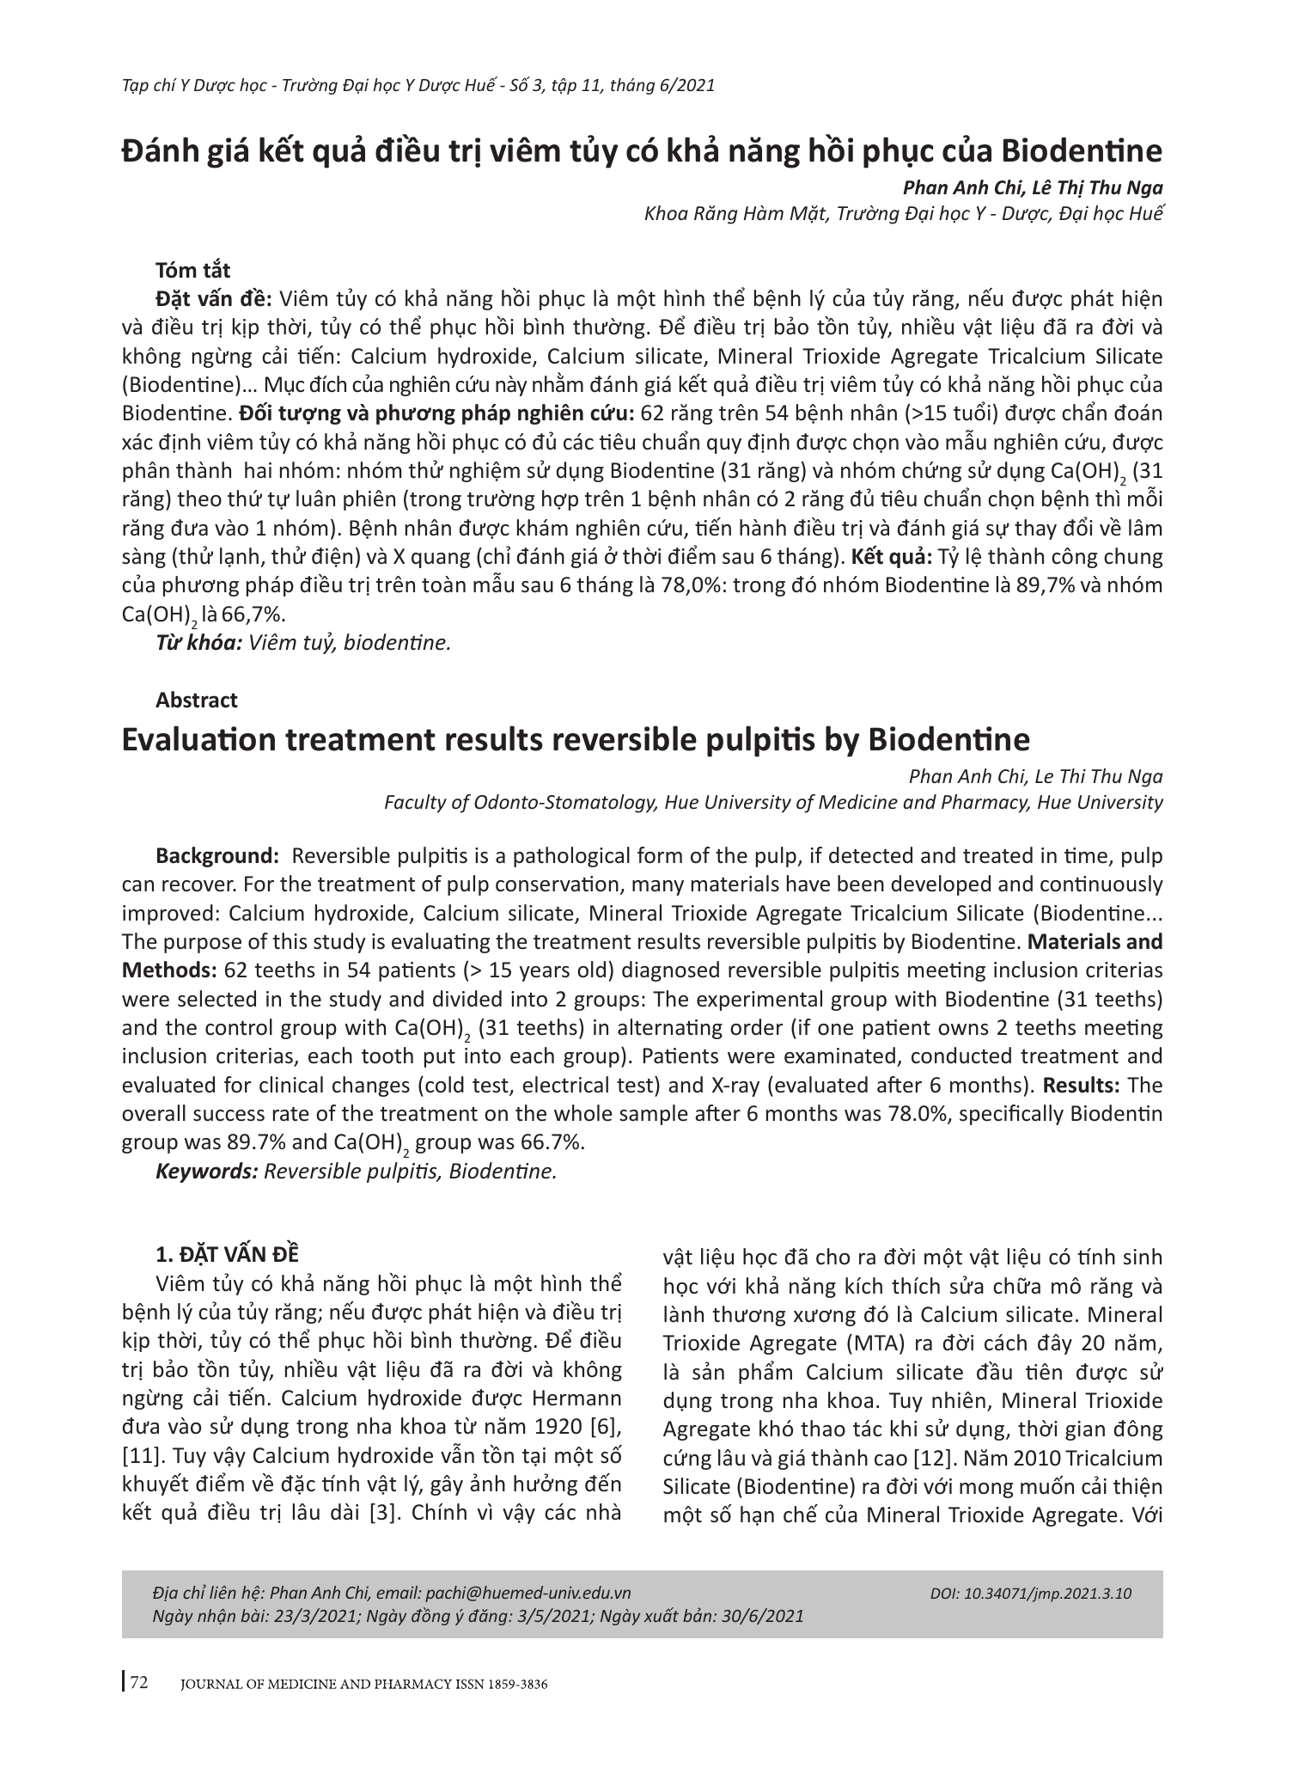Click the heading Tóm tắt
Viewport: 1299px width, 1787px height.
pos(193,271)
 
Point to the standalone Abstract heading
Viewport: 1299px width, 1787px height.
pos(197,701)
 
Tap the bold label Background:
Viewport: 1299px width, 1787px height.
pos(217,856)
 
